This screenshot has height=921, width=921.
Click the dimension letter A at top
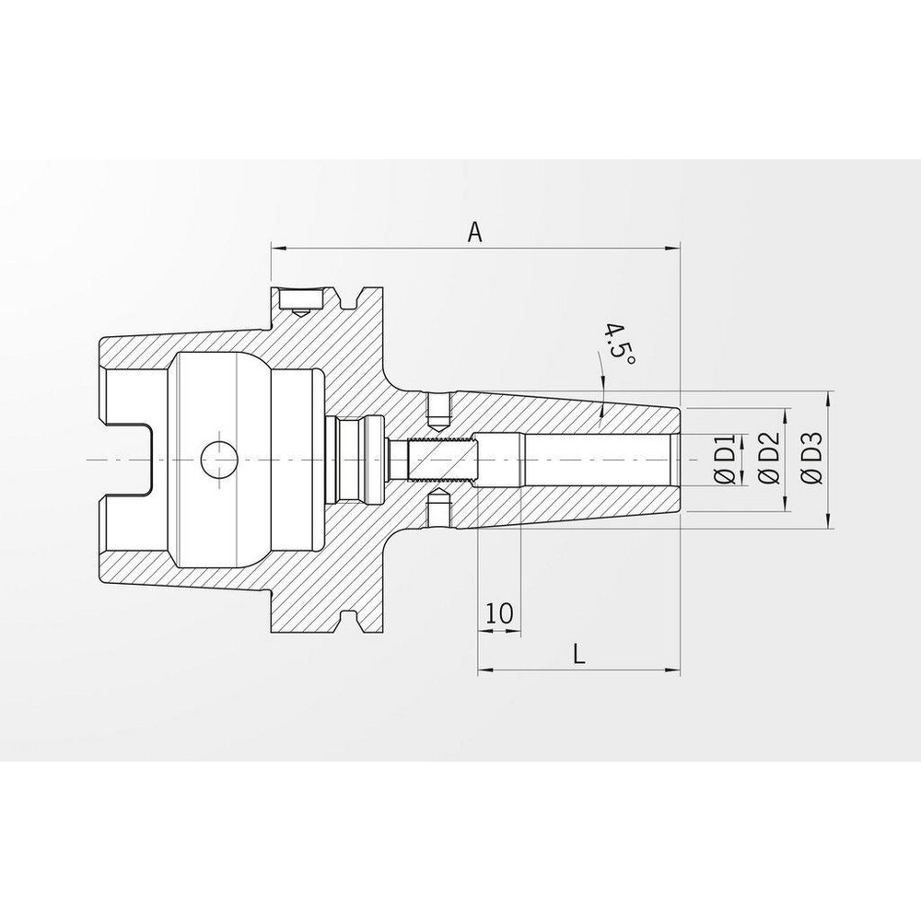click(474, 232)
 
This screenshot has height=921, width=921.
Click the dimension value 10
click(498, 614)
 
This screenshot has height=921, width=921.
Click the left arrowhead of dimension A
click(277, 248)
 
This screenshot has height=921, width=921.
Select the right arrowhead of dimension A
click(673, 248)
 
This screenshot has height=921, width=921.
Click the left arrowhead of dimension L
click(484, 670)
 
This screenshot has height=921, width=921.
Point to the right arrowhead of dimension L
click(673, 670)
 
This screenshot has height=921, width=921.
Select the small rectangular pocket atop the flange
click(300, 299)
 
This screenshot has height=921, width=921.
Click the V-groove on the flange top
click(351, 299)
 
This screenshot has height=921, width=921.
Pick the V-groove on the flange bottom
click(351, 619)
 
